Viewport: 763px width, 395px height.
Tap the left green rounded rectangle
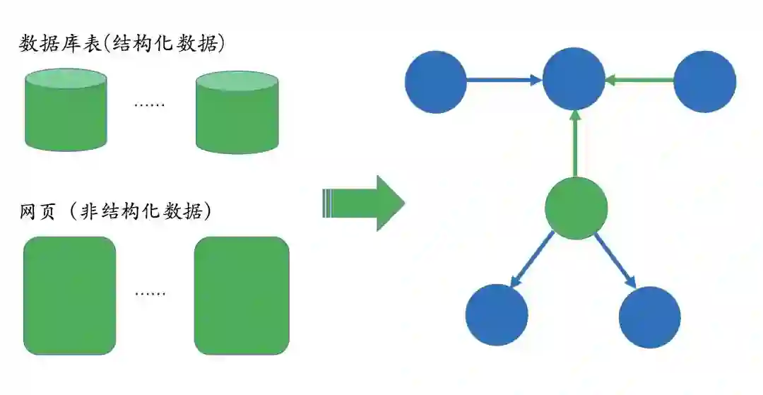pyautogui.click(x=69, y=295)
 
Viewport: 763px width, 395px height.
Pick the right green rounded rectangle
pyautogui.click(x=242, y=295)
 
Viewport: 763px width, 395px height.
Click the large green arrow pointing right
pyautogui.click(x=364, y=204)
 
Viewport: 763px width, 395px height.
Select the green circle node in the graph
pyautogui.click(x=576, y=208)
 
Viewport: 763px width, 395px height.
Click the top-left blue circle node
pyautogui.click(x=436, y=82)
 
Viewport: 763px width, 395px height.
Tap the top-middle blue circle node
pyautogui.click(x=574, y=79)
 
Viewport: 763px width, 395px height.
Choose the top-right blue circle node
pyautogui.click(x=704, y=82)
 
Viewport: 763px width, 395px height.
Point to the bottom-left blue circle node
pyautogui.click(x=497, y=315)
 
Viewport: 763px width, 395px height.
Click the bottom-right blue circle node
pyautogui.click(x=649, y=317)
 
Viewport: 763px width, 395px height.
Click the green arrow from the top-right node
pyautogui.click(x=639, y=81)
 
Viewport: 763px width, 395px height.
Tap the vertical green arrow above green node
pyautogui.click(x=576, y=143)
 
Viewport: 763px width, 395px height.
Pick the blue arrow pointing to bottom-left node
pyautogui.click(x=531, y=259)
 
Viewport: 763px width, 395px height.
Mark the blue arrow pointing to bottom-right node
pyautogui.click(x=615, y=259)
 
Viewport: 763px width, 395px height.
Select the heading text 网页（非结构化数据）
pyautogui.click(x=117, y=211)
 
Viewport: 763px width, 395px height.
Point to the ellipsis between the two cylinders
pyautogui.click(x=150, y=105)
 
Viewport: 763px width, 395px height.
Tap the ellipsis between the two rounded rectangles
pyautogui.click(x=150, y=293)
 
